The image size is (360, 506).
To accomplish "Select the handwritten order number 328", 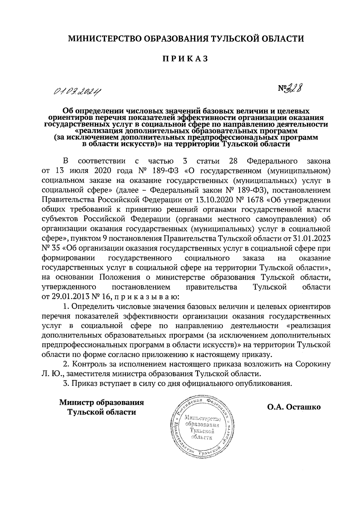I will click(x=295, y=88).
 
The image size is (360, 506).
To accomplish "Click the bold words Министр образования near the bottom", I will click(x=101, y=403).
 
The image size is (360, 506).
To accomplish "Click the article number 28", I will click(x=233, y=161).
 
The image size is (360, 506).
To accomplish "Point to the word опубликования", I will click(x=263, y=384).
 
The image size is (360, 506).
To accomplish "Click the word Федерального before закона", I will click(x=272, y=161).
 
